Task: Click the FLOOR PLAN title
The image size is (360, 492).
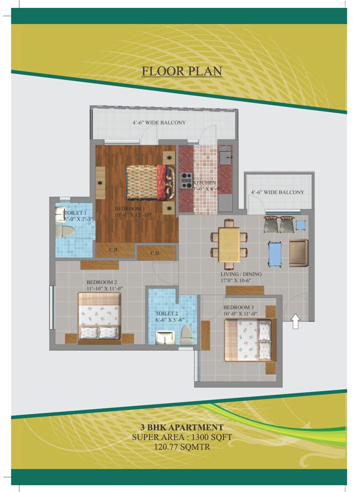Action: [182, 71]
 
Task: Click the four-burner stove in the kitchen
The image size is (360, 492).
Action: [186, 180]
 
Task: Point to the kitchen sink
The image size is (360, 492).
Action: [225, 155]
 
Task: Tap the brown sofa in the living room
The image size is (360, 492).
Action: [298, 253]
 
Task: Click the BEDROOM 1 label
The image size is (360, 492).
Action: [130, 209]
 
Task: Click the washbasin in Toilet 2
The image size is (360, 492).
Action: [165, 337]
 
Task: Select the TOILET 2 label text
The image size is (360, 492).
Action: [167, 313]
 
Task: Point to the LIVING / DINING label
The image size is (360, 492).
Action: [241, 274]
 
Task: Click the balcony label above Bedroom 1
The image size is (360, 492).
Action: [159, 123]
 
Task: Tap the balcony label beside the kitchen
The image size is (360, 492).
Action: [277, 192]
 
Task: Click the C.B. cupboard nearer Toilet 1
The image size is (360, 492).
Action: [114, 250]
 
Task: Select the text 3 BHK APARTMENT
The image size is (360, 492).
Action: [182, 427]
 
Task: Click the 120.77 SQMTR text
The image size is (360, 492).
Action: [182, 447]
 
